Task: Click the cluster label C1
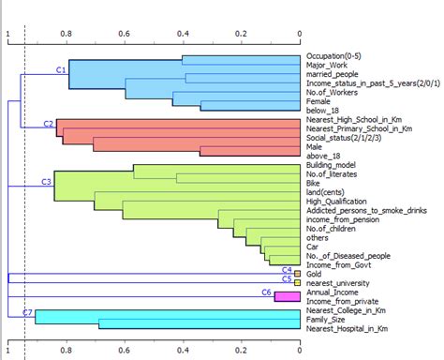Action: tap(61, 70)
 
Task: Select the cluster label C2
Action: tap(48, 124)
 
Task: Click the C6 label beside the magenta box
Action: tap(265, 292)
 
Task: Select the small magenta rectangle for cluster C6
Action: tap(286, 295)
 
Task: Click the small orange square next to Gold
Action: tap(297, 273)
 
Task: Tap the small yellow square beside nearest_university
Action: tap(297, 282)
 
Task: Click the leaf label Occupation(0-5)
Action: tap(339, 57)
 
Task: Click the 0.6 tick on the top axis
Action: tap(124, 34)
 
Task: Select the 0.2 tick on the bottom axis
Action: tap(241, 352)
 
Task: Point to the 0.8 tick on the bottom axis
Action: tap(66, 352)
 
